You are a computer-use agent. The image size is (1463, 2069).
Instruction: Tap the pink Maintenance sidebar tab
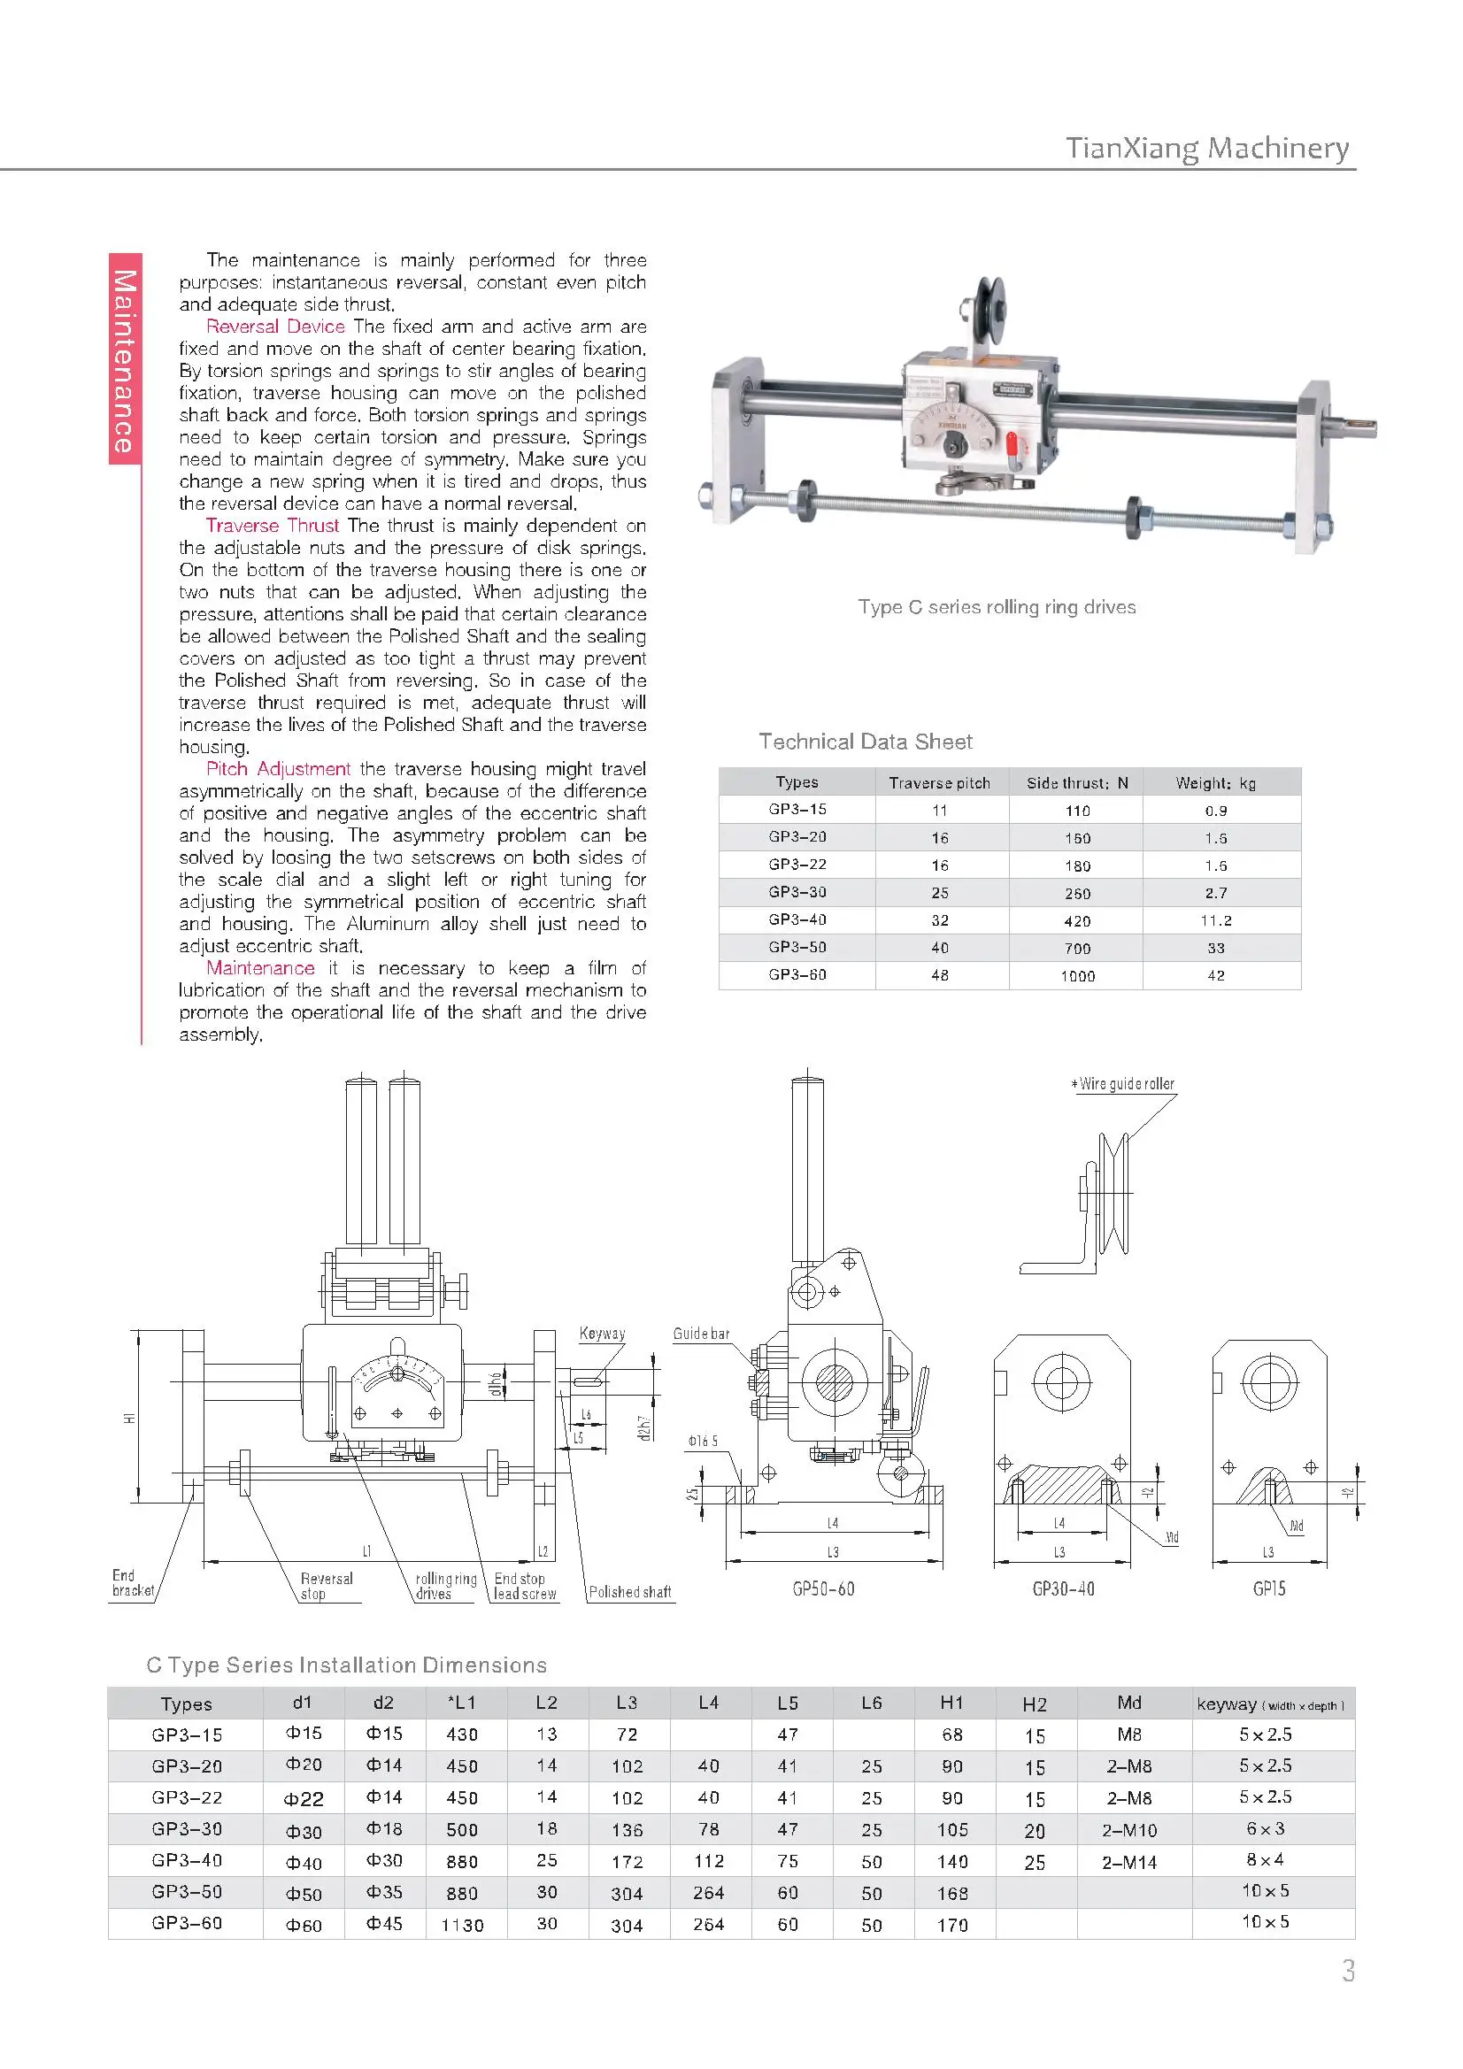tap(126, 359)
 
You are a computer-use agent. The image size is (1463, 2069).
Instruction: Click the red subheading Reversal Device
tap(275, 327)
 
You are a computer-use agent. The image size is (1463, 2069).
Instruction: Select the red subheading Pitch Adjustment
tap(278, 769)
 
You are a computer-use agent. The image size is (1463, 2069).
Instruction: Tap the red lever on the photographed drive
tap(1013, 444)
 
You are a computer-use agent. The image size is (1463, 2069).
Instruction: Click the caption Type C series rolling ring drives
tap(996, 607)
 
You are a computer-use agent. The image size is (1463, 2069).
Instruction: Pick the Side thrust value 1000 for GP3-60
tap(1077, 976)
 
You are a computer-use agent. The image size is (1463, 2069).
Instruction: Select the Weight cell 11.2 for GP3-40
tap(1215, 921)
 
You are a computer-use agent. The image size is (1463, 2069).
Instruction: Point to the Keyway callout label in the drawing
tap(601, 1334)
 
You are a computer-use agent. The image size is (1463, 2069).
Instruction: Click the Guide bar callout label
tap(700, 1334)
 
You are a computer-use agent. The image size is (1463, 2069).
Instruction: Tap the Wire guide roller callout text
tap(1126, 1084)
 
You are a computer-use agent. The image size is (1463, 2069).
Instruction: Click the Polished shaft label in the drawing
tap(629, 1592)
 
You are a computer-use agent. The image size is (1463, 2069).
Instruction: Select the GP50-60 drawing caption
tap(823, 1589)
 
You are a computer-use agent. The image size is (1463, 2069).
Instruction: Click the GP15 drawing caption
tap(1268, 1589)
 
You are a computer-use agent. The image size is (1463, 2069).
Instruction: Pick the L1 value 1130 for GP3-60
tap(461, 1926)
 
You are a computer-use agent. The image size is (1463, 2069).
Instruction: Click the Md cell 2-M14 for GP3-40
tap(1128, 1863)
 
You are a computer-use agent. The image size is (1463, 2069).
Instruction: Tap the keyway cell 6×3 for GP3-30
tap(1265, 1829)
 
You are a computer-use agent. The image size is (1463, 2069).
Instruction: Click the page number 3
tap(1348, 1972)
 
